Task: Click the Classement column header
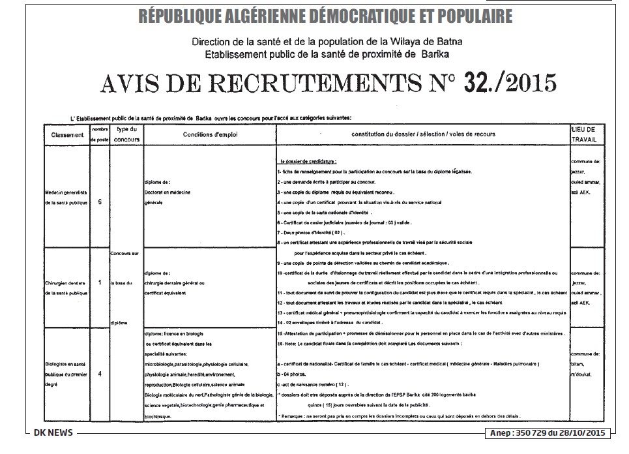pos(68,135)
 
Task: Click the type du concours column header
pos(127,134)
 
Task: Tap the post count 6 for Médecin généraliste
pos(100,202)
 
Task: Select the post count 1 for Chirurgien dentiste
pos(100,282)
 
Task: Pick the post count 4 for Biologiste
pos(100,374)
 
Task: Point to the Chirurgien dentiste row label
pos(66,288)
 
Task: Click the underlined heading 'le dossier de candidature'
pos(308,161)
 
